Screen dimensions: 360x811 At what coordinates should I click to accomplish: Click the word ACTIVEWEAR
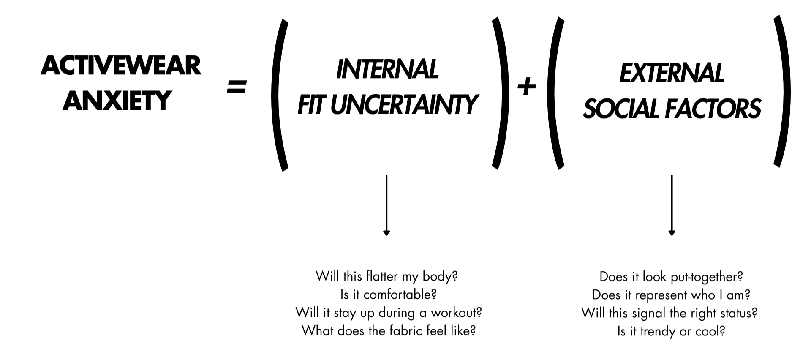pyautogui.click(x=121, y=66)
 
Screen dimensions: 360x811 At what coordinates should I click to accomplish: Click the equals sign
pyautogui.click(x=237, y=87)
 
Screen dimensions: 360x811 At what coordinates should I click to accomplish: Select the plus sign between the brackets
pyautogui.click(x=526, y=87)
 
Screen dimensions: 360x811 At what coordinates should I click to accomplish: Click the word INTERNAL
pyautogui.click(x=387, y=69)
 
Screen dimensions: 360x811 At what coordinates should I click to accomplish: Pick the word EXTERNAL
pyautogui.click(x=672, y=73)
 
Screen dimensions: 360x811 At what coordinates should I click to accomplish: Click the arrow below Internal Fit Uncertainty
pyautogui.click(x=386, y=205)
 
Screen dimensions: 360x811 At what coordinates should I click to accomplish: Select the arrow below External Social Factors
pyautogui.click(x=672, y=205)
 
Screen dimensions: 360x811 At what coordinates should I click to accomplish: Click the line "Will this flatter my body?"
pyautogui.click(x=386, y=276)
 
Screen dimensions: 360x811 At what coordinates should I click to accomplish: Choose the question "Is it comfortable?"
pyautogui.click(x=388, y=294)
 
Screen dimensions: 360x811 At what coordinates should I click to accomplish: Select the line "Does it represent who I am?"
pyautogui.click(x=671, y=295)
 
